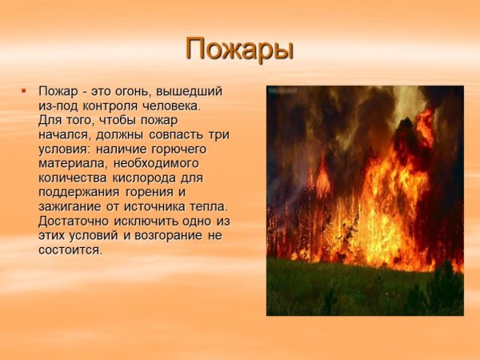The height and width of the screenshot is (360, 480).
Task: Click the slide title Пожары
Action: pyautogui.click(x=240, y=50)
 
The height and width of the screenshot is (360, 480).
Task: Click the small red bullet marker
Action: pyautogui.click(x=24, y=91)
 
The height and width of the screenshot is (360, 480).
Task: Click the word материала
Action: pyautogui.click(x=68, y=163)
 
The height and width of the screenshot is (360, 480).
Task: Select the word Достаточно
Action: pyautogui.click(x=73, y=221)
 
